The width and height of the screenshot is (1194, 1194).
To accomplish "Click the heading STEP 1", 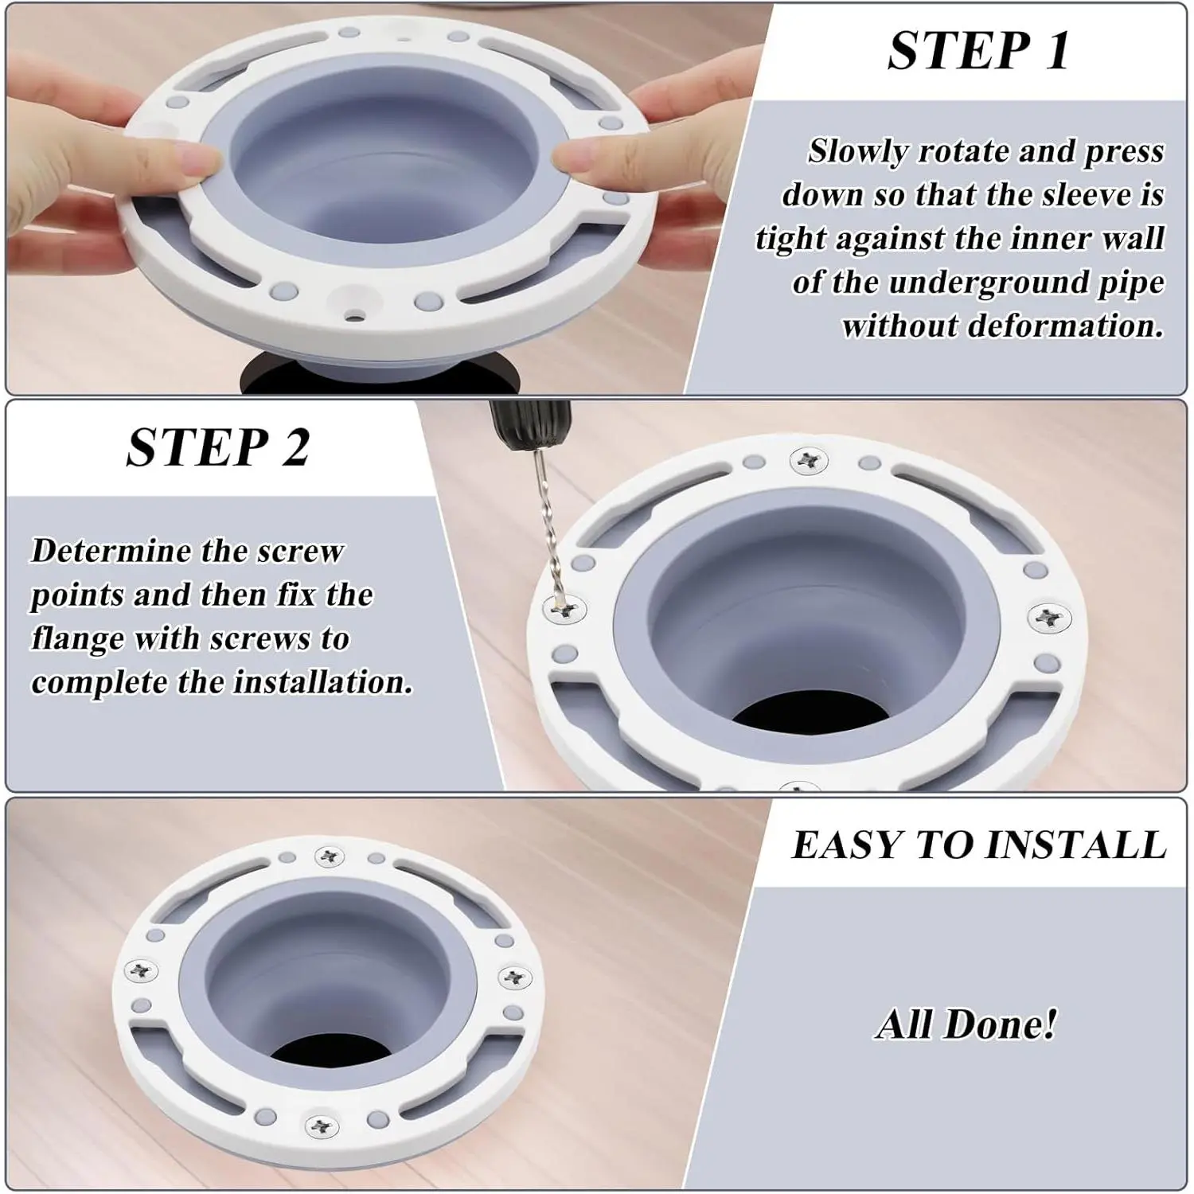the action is tap(978, 51).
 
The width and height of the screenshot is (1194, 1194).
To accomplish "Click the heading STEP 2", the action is tap(218, 447).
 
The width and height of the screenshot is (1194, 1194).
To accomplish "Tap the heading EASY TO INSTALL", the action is tap(979, 845).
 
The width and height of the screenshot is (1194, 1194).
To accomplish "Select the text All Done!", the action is tap(966, 1024).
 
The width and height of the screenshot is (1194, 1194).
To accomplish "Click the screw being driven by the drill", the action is tap(565, 611).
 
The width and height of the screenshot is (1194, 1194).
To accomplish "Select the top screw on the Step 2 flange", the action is tap(809, 460).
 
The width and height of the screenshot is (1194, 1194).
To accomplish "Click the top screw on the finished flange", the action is tap(330, 856).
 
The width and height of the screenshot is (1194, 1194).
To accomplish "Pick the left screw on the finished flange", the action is tap(142, 970).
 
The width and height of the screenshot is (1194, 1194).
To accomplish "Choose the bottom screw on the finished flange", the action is tap(322, 1125).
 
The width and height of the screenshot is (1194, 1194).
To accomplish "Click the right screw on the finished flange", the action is tap(514, 977).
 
